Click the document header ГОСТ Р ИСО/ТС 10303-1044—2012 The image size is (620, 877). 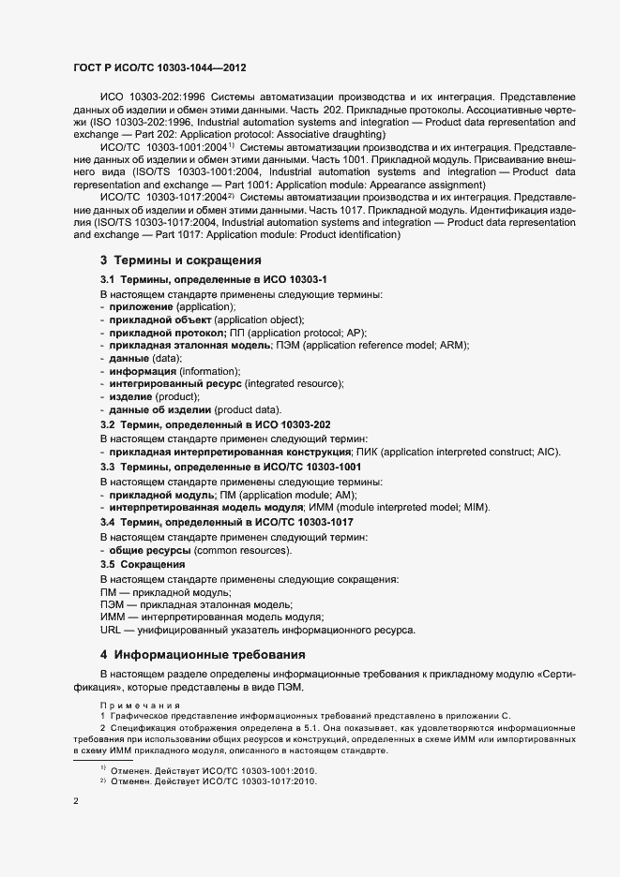159,68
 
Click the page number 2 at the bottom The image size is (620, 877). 76,802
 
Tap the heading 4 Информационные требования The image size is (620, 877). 203,653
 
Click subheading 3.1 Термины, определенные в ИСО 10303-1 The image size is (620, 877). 214,280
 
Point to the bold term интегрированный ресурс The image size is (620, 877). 174,383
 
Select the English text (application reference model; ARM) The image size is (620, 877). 394,345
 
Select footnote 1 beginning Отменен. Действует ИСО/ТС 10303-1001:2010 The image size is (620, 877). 214,770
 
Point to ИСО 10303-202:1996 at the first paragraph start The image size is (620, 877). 153,97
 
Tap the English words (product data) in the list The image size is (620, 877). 247,409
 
